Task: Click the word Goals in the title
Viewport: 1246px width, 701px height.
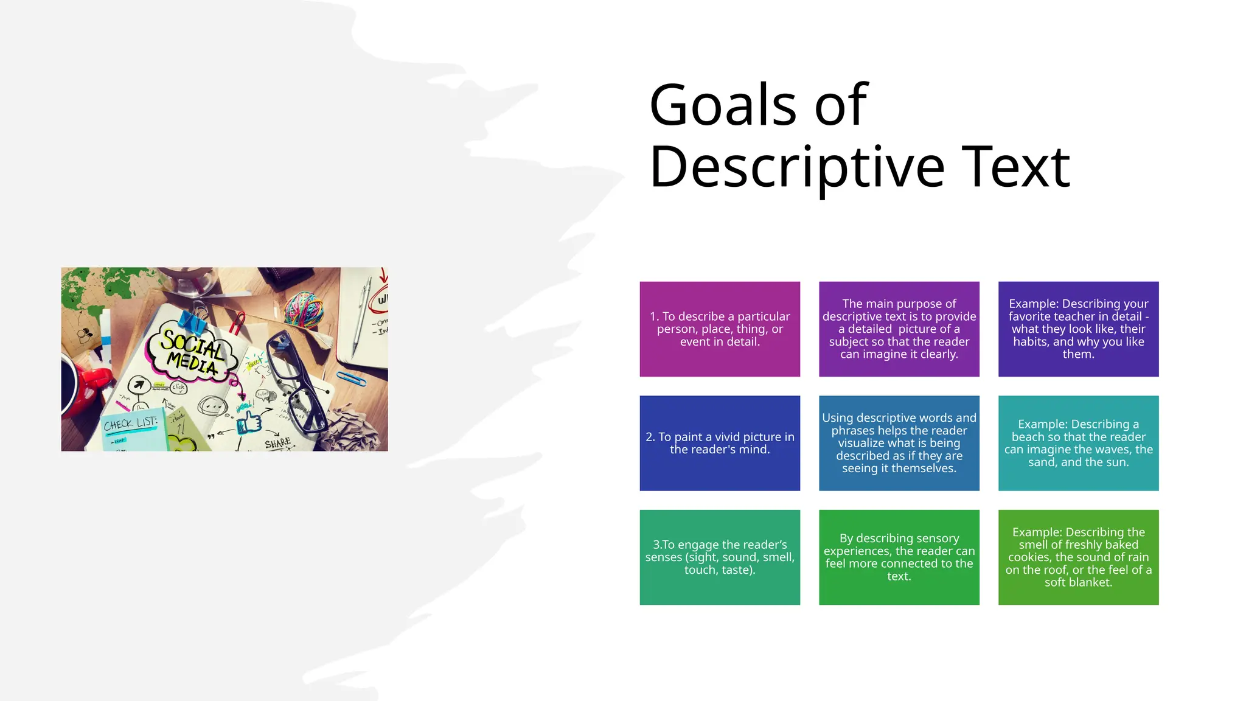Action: coord(722,105)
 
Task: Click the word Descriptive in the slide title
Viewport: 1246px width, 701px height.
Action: coord(796,168)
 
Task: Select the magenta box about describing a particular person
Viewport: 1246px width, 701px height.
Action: coord(720,329)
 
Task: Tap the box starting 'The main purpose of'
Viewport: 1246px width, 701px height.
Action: coord(899,329)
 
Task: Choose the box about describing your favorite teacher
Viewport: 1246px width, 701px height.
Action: coord(1078,329)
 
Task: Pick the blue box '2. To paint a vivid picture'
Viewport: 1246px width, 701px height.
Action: coord(720,443)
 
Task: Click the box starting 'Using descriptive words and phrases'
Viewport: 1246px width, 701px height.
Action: coord(899,443)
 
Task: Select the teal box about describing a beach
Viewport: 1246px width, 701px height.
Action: coord(1078,443)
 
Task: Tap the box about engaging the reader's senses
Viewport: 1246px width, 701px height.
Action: coord(720,557)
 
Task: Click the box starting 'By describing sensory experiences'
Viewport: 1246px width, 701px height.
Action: coord(899,557)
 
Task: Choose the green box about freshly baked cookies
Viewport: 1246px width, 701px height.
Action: coord(1078,557)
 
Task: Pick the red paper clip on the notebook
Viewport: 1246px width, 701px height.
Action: coord(237,323)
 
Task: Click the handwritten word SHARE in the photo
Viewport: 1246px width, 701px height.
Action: coord(278,443)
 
